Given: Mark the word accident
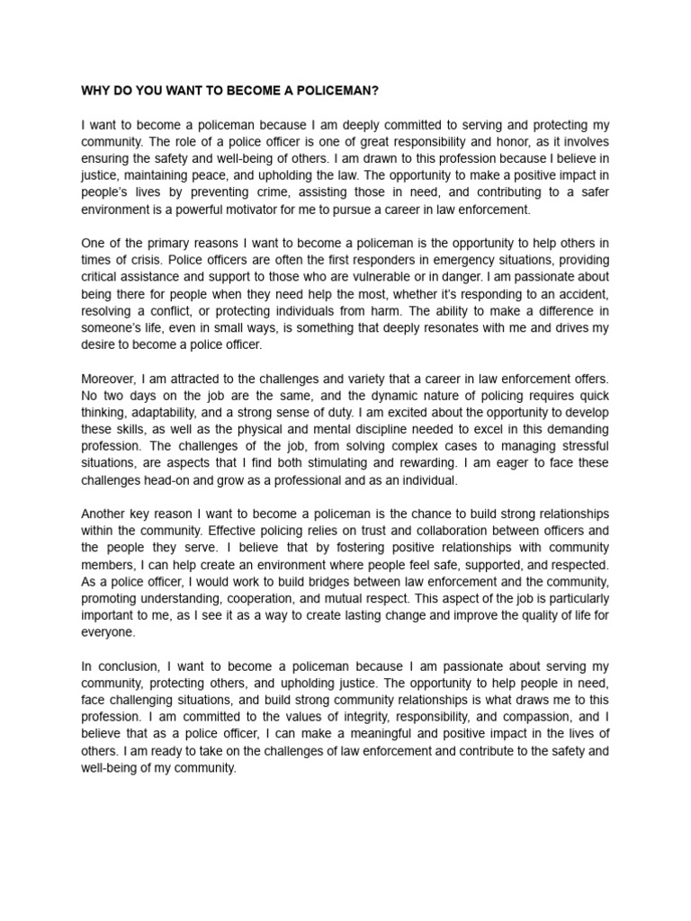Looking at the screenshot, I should click(x=580, y=293).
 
